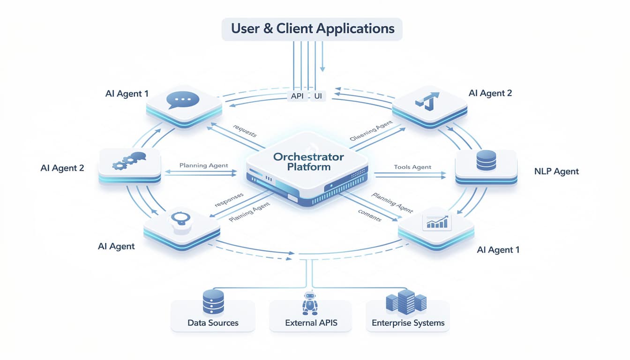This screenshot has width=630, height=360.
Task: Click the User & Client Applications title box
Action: coord(313,29)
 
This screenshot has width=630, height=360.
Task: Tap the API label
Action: coord(297,96)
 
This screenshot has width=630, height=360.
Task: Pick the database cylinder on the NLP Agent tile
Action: coord(486,160)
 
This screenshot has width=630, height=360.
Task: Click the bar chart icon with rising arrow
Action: coord(436,222)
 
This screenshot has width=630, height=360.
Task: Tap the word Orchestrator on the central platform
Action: coord(308,157)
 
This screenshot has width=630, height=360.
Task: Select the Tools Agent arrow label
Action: coord(412,167)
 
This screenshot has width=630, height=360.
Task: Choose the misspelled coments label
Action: coord(369,215)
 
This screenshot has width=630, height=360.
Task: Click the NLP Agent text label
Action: coord(556,172)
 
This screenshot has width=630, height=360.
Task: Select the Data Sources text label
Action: coord(213,323)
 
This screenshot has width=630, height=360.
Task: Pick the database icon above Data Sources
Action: coord(213,301)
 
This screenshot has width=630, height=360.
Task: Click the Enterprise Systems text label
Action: coord(408,323)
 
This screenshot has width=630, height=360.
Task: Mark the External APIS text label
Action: coord(311,323)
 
